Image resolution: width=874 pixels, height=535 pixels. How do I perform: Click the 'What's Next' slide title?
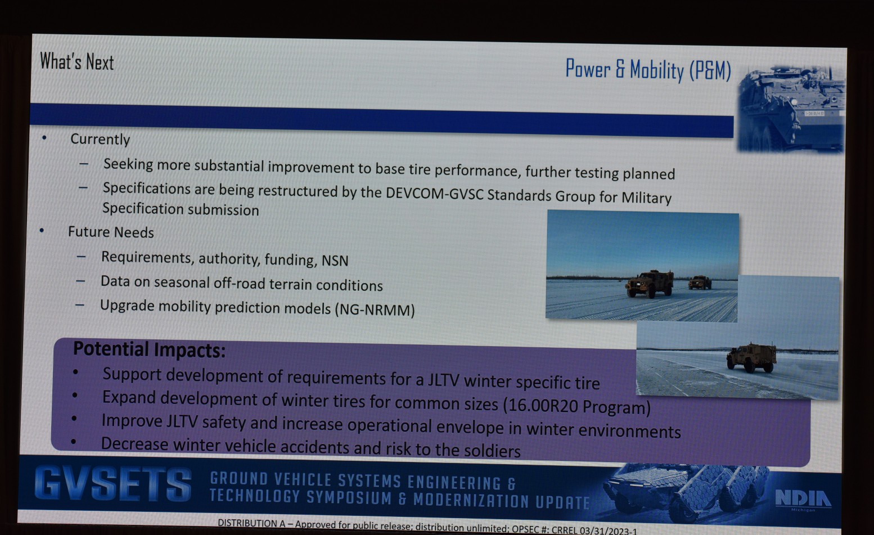coord(77,62)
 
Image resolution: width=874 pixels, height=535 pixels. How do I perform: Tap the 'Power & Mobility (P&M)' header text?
coord(648,70)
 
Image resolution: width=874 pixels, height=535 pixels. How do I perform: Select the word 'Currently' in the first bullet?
coord(100,140)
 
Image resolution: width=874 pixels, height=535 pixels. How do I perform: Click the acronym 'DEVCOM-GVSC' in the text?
coord(435,194)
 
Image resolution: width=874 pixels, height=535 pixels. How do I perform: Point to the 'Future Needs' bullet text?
coord(111,232)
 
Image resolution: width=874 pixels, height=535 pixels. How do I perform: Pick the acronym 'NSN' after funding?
coord(335,260)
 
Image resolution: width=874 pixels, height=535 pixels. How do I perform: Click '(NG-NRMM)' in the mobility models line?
coord(375,309)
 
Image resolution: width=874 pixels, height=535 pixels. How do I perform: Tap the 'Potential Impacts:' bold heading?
coord(149,349)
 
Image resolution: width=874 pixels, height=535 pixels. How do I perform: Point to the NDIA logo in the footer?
coord(803,500)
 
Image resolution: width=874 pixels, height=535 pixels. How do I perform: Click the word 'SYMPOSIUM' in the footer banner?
coord(349,498)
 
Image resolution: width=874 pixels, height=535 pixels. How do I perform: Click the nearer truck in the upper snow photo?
coord(650,284)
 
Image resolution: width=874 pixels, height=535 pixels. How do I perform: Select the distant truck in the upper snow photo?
coord(700,282)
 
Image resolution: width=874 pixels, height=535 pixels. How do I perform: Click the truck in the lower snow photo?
coord(751,357)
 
